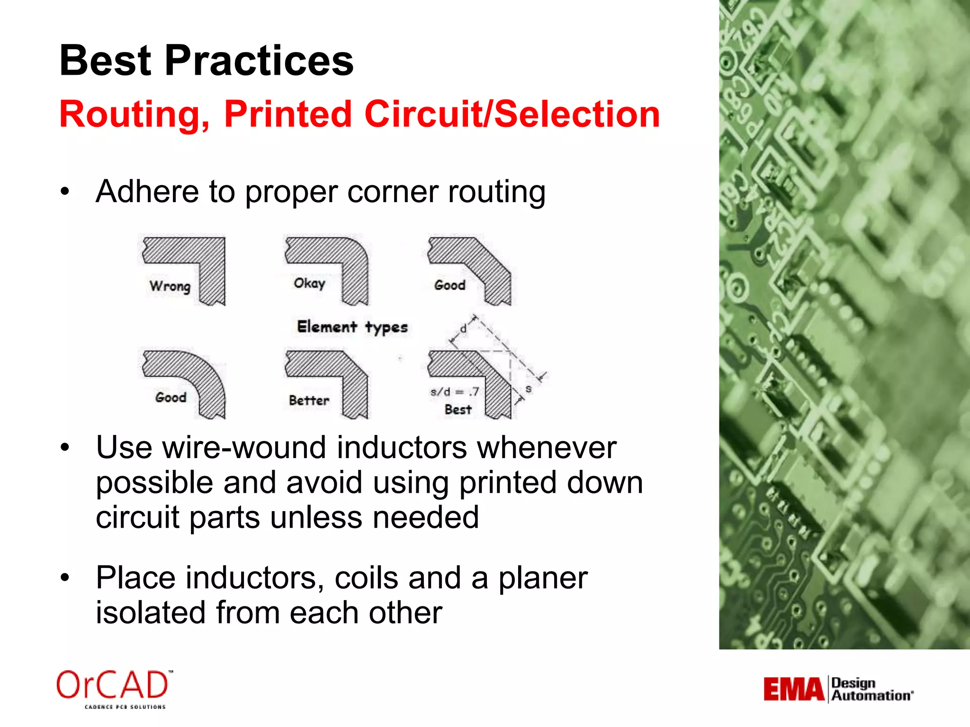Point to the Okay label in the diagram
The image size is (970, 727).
(309, 284)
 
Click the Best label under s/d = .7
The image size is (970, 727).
(458, 409)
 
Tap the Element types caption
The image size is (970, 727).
(352, 327)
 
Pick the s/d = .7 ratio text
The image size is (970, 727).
(454, 392)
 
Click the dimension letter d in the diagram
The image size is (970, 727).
(464, 328)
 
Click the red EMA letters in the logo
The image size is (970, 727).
(793, 690)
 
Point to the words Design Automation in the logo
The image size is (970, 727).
(871, 690)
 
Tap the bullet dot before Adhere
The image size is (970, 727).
(65, 192)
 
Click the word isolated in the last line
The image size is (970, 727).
(151, 612)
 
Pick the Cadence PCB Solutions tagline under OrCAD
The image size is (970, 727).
(125, 707)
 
